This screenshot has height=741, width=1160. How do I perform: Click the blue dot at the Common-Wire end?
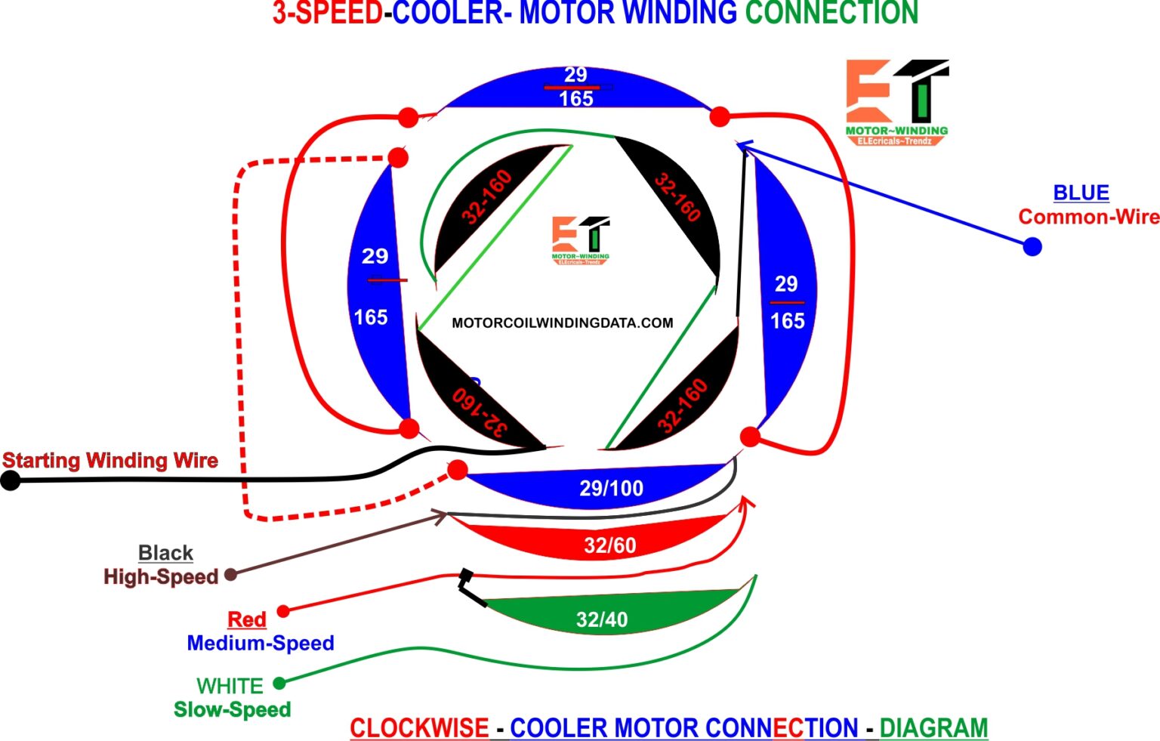[1032, 246]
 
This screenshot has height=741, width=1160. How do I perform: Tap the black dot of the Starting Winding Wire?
[11, 480]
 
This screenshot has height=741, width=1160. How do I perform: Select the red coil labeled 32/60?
[609, 542]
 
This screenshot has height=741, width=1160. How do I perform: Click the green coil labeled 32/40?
[602, 616]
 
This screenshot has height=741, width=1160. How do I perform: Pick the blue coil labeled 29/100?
[610, 488]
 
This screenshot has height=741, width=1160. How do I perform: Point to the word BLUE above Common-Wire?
[1081, 193]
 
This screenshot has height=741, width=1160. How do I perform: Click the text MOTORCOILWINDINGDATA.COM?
[562, 323]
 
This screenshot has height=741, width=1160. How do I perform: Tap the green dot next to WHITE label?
[279, 683]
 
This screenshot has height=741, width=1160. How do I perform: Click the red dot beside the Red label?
[283, 610]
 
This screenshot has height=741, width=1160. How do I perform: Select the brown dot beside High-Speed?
[231, 575]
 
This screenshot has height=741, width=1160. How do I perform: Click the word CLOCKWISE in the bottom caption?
[419, 727]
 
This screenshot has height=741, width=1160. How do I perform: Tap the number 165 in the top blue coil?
[575, 99]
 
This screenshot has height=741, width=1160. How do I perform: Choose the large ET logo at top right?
[896, 102]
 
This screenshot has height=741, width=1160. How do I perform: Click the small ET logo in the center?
[581, 239]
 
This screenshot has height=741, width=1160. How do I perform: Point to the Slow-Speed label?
[232, 709]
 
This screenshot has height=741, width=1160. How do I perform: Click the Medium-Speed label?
[261, 643]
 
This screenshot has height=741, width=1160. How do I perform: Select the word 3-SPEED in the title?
[327, 13]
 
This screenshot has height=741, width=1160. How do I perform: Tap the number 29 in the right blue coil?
[785, 284]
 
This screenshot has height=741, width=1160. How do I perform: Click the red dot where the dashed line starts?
[398, 157]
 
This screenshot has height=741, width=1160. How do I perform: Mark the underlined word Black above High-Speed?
[165, 553]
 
